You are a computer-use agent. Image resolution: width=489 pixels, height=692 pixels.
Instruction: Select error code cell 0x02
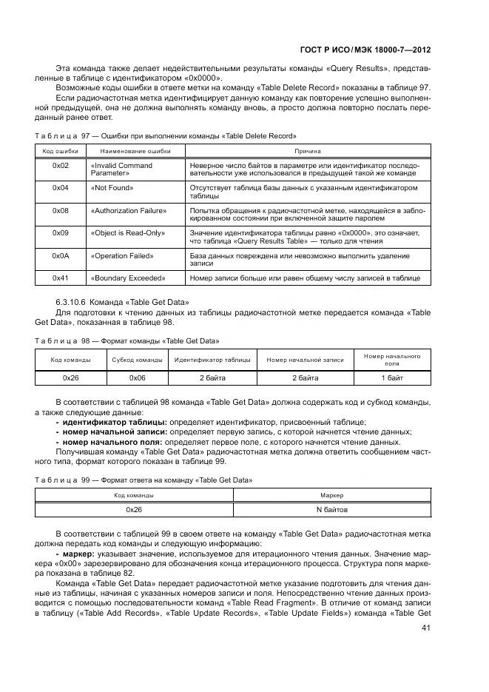click(x=61, y=166)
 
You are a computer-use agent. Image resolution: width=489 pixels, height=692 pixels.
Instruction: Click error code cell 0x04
click(x=61, y=188)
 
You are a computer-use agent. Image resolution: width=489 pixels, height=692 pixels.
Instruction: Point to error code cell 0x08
click(x=61, y=211)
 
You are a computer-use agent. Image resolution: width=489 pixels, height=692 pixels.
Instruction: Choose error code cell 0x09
click(x=61, y=233)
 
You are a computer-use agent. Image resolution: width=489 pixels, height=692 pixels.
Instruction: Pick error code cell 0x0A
click(x=61, y=256)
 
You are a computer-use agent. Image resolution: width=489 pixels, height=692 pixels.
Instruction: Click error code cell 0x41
click(x=61, y=278)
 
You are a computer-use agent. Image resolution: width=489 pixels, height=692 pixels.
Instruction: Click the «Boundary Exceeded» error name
click(x=127, y=278)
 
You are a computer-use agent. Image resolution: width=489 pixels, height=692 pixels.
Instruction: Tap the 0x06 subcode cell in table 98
click(x=137, y=377)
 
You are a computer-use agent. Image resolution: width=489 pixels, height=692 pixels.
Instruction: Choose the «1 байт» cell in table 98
click(x=392, y=377)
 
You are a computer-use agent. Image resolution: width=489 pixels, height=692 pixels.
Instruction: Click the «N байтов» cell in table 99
click(x=331, y=510)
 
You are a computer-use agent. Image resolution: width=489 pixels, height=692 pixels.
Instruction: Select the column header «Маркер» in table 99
click(x=331, y=494)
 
